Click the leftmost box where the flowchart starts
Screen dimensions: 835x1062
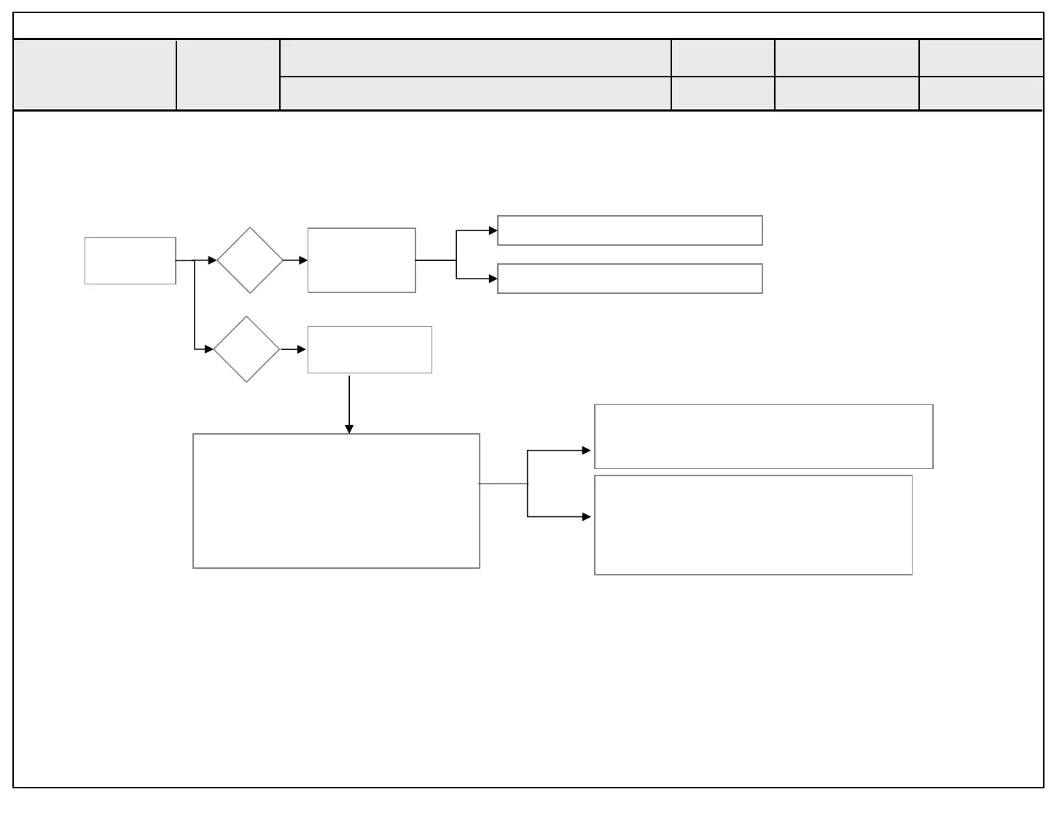[x=130, y=260]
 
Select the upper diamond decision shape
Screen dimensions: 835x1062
[x=250, y=260]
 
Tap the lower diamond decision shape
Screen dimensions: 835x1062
[x=246, y=349]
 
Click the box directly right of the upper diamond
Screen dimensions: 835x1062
[x=362, y=260]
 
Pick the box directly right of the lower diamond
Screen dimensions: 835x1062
[x=370, y=349]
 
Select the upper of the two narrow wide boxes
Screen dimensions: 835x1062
[x=630, y=230]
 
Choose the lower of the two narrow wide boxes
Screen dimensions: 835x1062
[x=630, y=279]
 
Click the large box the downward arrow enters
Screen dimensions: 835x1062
[x=336, y=501]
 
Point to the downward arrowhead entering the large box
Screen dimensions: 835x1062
[x=349, y=430]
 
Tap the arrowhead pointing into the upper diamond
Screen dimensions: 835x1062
[x=212, y=260]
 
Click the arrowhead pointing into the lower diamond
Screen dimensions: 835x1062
[x=209, y=349]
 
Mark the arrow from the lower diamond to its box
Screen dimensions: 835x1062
[x=294, y=349]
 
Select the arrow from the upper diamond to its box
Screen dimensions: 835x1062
[x=296, y=260]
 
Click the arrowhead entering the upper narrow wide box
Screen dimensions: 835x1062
[x=493, y=230]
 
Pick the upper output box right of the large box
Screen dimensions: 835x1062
[x=763, y=436]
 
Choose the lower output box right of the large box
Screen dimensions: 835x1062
[x=753, y=525]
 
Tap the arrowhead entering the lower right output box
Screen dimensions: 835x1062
[x=587, y=516]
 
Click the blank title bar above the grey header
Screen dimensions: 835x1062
[x=528, y=26]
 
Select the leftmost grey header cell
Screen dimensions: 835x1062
[x=95, y=75]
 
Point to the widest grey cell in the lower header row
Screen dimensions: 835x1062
[x=475, y=94]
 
